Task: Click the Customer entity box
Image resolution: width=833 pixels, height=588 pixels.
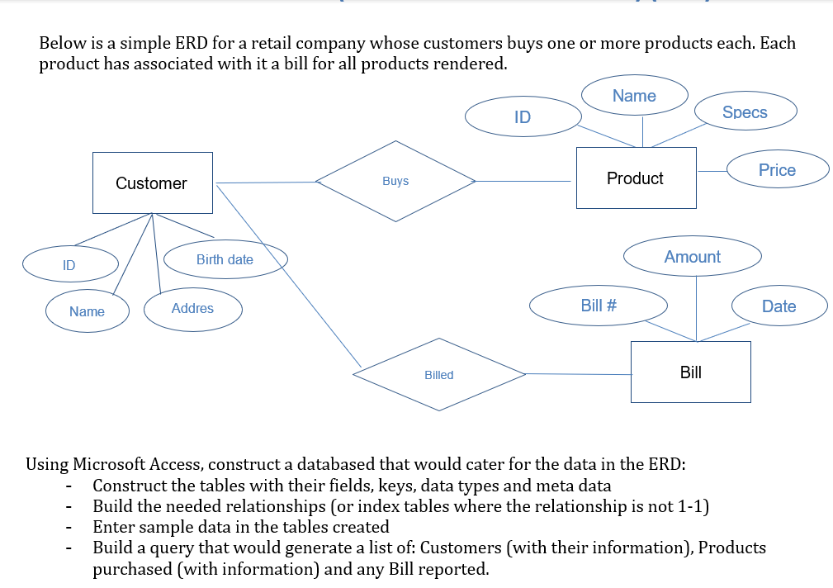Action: pos(152,183)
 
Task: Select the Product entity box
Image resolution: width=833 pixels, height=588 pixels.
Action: pos(636,178)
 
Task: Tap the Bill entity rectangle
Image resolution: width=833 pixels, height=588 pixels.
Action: pos(691,372)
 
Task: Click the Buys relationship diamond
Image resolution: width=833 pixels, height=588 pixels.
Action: pos(395,181)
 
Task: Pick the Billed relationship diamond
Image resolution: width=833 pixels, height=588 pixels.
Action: pos(439,375)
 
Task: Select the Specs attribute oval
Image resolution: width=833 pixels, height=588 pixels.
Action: pos(745,112)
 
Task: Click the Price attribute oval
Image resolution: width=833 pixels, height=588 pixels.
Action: pos(777,170)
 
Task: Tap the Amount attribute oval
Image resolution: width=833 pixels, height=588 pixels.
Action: pos(692,257)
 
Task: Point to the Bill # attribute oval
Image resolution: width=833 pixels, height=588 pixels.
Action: pos(599,306)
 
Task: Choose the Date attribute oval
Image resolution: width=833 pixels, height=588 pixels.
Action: pos(779,306)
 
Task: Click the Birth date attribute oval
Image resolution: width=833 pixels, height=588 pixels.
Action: pos(225,259)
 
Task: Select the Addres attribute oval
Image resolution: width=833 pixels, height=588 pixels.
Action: pos(192,309)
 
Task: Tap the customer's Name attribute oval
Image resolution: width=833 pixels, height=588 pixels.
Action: pos(87,311)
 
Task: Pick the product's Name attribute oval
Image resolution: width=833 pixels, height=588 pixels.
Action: pos(634,96)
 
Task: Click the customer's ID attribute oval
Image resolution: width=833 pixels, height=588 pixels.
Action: pos(69,265)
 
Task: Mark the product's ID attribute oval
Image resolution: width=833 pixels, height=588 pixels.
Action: pos(522,117)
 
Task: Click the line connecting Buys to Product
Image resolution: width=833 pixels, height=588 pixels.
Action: pos(525,181)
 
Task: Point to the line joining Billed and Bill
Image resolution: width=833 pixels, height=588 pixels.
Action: pos(578,374)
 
